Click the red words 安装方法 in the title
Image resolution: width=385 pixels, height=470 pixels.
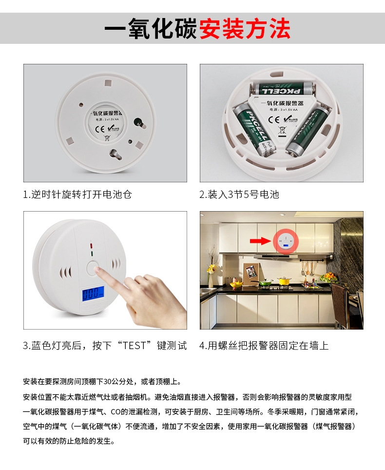click(x=245, y=28)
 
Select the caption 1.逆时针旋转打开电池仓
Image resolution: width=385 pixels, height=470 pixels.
click(x=77, y=195)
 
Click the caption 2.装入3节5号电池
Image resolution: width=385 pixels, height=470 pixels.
click(x=239, y=195)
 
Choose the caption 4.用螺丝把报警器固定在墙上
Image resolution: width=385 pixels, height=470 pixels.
click(x=264, y=346)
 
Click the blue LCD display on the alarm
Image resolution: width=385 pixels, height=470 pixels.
click(x=93, y=294)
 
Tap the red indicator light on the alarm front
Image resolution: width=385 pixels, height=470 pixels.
click(x=91, y=246)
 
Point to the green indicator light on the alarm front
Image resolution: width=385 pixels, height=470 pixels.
click(x=92, y=254)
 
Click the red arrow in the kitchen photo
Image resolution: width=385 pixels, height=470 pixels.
click(x=260, y=241)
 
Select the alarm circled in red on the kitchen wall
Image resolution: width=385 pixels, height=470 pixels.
click(x=286, y=241)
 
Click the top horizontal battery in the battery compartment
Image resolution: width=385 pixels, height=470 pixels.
click(x=283, y=89)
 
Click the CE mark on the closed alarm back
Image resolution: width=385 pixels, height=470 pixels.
click(x=100, y=129)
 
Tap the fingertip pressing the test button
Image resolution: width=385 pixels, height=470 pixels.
click(x=98, y=270)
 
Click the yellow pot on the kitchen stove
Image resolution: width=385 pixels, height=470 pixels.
click(x=284, y=281)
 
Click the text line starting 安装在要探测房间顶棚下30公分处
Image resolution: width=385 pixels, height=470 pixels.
click(x=102, y=382)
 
